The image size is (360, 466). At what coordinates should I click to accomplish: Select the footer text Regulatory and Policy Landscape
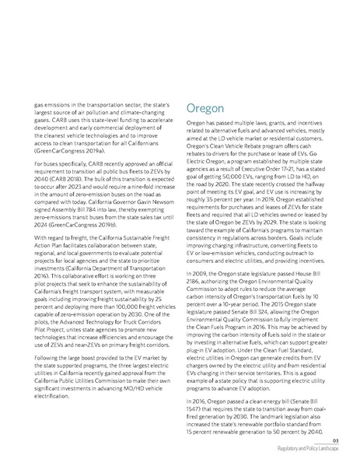point(313,450)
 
